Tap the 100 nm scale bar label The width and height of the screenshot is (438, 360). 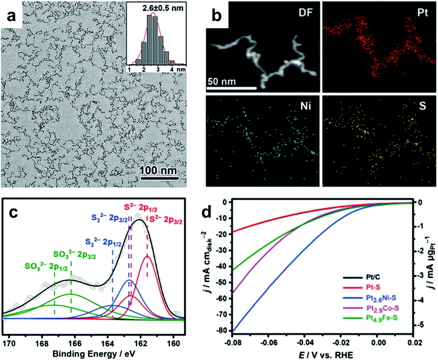[x=158, y=170]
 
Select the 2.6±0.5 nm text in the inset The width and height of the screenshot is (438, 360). [x=163, y=8]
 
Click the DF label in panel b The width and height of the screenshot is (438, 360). [x=306, y=13]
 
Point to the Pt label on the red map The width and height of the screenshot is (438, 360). [x=423, y=13]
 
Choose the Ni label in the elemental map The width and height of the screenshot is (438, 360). [x=306, y=106]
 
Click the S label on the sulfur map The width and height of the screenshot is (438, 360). [x=423, y=106]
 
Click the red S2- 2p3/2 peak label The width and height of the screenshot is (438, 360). [x=166, y=221]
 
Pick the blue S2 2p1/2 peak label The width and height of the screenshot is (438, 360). [x=103, y=242]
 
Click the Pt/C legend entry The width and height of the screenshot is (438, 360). [x=373, y=278]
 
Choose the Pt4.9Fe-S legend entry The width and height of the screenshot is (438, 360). [x=381, y=318]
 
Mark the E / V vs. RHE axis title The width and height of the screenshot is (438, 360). [x=326, y=355]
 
